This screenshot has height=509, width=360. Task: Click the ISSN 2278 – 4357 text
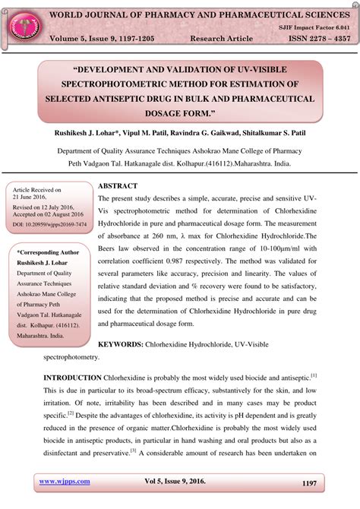point(313,38)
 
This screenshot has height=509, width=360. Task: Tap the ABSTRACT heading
point(118,186)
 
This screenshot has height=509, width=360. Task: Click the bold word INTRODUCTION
point(72,378)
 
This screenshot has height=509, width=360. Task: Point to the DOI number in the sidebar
point(49,225)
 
